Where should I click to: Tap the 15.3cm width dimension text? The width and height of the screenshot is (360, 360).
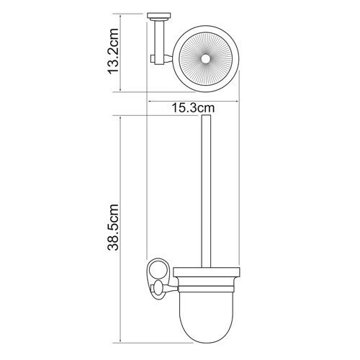coord(192,108)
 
